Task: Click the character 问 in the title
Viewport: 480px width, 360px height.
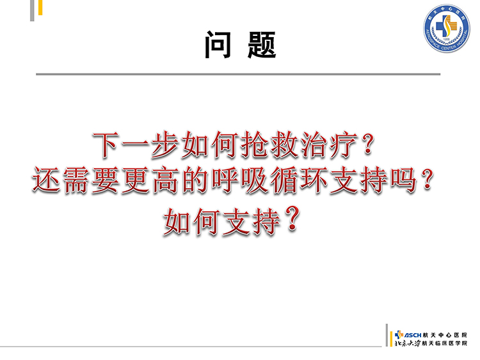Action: pos(218,45)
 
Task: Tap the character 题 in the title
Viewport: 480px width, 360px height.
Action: pos(262,45)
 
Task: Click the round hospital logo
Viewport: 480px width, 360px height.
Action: pos(447,28)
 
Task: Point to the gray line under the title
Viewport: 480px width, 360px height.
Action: pos(238,74)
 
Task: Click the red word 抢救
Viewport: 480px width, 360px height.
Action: pos(269,145)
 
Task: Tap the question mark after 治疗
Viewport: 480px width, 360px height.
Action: pos(367,145)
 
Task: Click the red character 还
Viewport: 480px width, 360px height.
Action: pos(47,180)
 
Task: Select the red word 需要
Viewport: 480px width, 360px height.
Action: pos(91,180)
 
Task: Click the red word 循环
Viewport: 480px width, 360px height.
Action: pos(300,180)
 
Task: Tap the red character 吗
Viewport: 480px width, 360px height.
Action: pos(404,180)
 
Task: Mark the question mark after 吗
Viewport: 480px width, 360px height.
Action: pos(426,180)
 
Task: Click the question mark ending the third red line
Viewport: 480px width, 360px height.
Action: pos(292,219)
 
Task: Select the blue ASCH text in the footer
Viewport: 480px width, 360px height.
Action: pos(412,335)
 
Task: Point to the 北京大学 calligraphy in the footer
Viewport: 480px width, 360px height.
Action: pos(408,343)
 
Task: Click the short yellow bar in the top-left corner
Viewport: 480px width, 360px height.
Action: pos(40,7)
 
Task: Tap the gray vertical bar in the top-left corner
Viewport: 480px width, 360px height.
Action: pos(32,10)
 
